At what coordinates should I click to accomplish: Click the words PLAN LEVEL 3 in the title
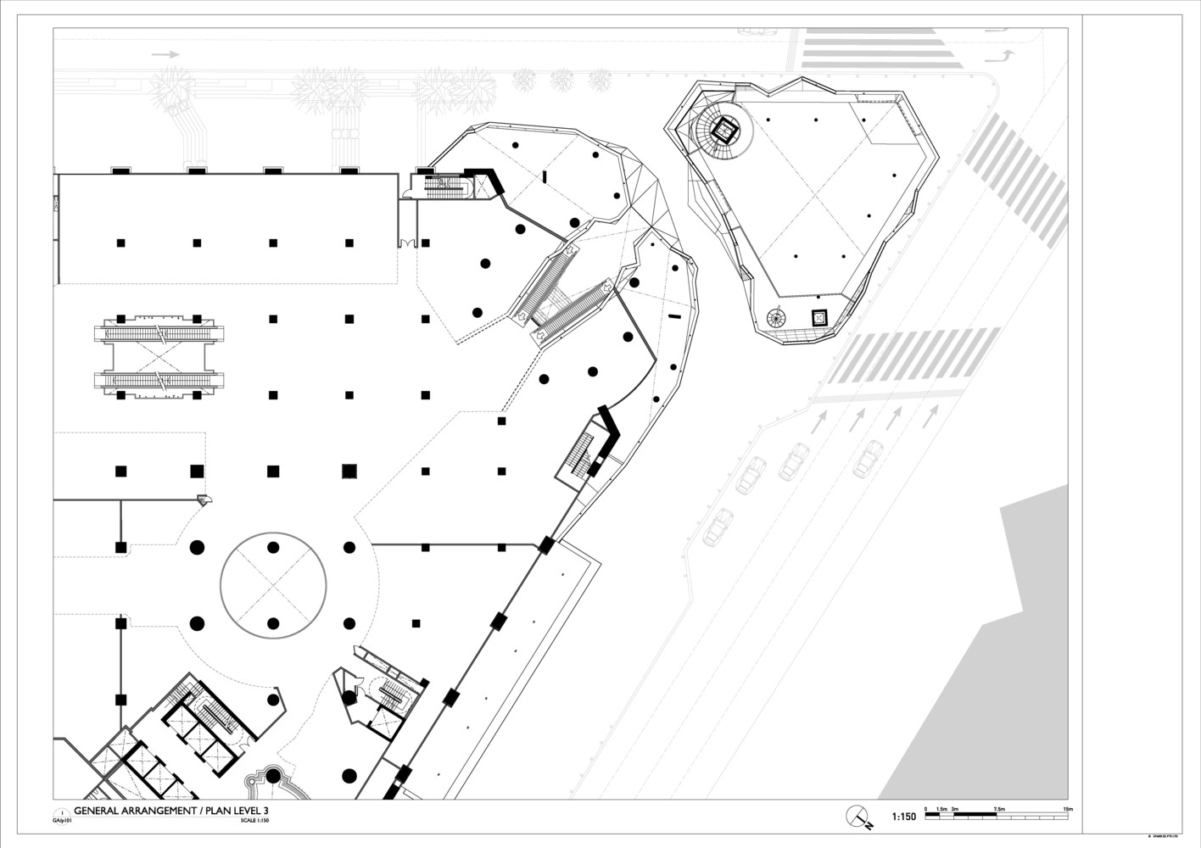point(243,811)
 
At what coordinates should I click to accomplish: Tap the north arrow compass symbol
point(858,815)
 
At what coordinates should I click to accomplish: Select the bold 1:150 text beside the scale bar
point(903,817)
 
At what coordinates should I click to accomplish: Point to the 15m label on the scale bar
point(1068,809)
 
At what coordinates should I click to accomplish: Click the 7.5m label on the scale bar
point(998,809)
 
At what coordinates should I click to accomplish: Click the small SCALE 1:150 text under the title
point(254,820)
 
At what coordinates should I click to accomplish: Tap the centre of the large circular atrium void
point(273,585)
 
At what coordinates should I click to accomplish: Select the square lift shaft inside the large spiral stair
point(726,131)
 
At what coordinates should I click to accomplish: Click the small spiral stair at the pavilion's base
point(775,318)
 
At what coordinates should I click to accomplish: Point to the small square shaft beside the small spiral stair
point(819,318)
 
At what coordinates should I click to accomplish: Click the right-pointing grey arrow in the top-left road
point(166,54)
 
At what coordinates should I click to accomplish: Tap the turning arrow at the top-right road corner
point(999,57)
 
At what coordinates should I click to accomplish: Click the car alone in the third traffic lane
point(869,459)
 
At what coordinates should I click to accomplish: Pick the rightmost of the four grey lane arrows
point(931,416)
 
